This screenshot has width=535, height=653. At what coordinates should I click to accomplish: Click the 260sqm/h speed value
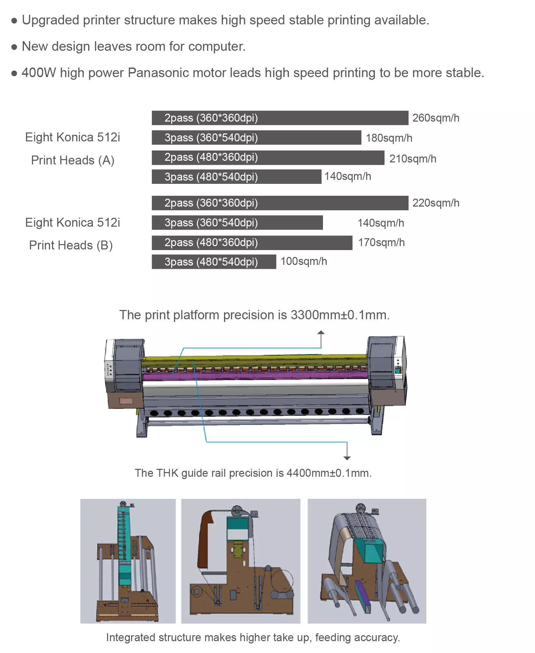[x=436, y=118]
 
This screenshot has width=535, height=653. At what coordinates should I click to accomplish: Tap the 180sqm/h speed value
[x=389, y=138]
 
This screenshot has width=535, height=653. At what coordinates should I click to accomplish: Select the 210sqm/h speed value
[x=413, y=159]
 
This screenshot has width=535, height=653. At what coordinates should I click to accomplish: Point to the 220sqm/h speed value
[x=436, y=203]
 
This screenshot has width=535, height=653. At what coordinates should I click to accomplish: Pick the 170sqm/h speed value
[x=381, y=242]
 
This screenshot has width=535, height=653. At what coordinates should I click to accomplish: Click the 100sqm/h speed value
[x=304, y=261]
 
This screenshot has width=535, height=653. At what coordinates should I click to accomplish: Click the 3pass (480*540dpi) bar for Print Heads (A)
[x=236, y=177]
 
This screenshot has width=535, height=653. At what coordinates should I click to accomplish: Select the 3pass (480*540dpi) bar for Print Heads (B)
[x=214, y=262]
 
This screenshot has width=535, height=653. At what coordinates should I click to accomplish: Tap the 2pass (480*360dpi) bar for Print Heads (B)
[x=252, y=242]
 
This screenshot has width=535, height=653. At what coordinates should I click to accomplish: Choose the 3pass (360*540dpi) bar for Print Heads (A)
[x=256, y=138]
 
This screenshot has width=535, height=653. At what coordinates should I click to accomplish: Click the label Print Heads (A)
[x=73, y=160]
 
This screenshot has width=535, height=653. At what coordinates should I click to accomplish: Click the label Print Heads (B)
[x=71, y=245]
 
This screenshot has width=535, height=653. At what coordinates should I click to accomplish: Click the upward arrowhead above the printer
[x=321, y=332]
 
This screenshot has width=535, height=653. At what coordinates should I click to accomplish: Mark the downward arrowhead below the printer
[x=347, y=458]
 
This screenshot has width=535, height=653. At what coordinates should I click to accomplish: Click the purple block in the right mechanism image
[x=362, y=596]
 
